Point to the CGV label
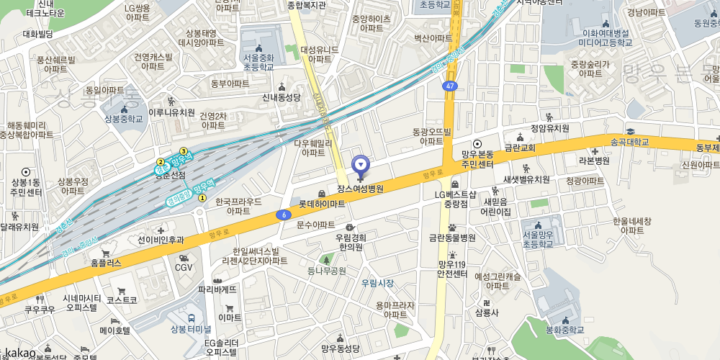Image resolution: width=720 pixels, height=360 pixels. [x=184, y=267]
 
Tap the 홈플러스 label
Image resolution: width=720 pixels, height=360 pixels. [x=106, y=264]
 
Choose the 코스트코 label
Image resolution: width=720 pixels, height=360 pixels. [x=122, y=299]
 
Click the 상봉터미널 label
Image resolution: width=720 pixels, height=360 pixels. [x=189, y=329]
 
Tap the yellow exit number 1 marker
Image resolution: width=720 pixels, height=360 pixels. [x=202, y=198]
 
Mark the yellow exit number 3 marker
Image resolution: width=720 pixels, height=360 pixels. [x=184, y=151]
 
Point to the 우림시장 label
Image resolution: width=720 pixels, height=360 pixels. [x=377, y=283]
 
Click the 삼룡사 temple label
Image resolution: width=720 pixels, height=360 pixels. [x=487, y=312]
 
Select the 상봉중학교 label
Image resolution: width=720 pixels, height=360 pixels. [x=123, y=119]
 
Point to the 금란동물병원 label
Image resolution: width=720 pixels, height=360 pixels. [x=452, y=238]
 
